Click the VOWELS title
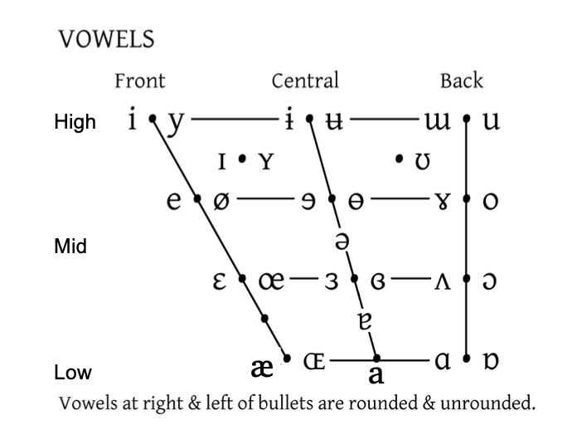[x=106, y=38]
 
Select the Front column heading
[x=139, y=81]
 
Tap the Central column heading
[x=305, y=81]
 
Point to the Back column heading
[x=461, y=81]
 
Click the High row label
[x=75, y=123]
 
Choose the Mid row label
[x=70, y=247]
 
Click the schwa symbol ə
[x=341, y=241]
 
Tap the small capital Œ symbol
[x=314, y=361]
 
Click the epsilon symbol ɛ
[x=221, y=281]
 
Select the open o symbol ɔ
[x=491, y=281]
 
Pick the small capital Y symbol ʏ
[x=264, y=160]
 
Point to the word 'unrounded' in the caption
[x=489, y=404]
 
